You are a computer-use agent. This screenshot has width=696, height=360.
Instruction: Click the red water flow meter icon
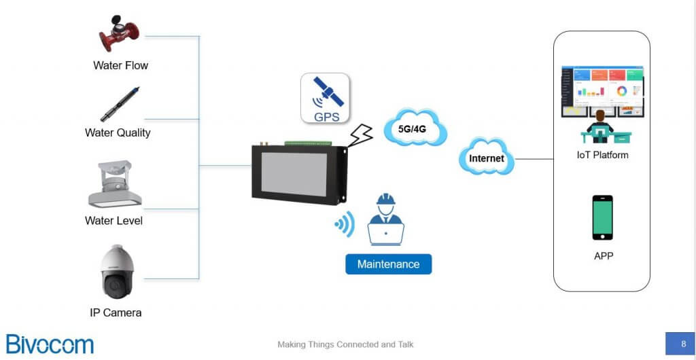119,33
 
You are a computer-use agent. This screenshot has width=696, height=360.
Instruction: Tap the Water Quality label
118,132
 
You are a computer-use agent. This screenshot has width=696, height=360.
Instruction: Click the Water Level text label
114,221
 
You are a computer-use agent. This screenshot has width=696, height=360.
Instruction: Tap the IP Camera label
116,313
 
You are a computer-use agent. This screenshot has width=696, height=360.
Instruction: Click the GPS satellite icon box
326,98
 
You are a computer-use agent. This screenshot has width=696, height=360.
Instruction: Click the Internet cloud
487,158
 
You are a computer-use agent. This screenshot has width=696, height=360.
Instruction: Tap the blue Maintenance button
388,264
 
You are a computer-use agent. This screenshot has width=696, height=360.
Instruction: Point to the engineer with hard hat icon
385,219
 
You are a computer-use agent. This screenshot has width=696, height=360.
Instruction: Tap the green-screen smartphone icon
602,217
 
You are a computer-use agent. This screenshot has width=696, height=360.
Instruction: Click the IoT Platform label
602,155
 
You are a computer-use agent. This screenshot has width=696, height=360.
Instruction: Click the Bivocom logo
50,344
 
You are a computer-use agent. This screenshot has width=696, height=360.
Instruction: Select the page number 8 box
682,344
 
